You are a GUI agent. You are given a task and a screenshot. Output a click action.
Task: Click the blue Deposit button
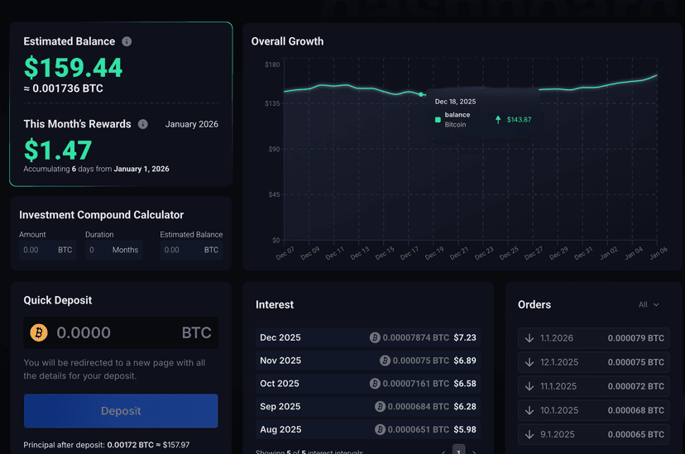point(121,411)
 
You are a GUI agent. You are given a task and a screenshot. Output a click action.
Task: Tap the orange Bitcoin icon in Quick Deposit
point(39,332)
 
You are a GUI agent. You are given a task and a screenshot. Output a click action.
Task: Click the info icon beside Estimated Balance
point(127,41)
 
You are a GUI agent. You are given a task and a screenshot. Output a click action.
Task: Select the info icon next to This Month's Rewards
point(143,124)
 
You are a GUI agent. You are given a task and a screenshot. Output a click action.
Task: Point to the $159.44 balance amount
point(73,67)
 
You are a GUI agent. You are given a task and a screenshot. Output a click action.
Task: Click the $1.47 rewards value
point(57,150)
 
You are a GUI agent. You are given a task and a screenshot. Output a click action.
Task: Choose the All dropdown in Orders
point(649,305)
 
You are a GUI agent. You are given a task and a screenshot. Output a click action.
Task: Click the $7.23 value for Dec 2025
point(464,337)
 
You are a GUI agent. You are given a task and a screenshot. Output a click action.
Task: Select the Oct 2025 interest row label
point(280,384)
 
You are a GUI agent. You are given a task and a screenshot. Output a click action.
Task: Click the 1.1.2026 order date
point(556,338)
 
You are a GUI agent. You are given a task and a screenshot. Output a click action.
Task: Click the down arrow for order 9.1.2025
point(529,434)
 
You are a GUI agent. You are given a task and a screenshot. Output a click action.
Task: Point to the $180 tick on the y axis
point(272,65)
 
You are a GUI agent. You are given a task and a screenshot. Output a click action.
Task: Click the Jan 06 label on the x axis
point(658,253)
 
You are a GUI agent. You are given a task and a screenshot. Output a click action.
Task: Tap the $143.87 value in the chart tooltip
point(519,120)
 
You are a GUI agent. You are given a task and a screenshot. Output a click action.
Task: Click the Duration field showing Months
point(113,250)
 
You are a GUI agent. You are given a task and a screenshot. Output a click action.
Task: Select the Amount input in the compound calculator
point(47,250)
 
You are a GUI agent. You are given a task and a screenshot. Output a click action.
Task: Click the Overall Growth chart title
point(287,41)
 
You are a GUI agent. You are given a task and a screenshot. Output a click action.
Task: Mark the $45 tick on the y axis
point(274,195)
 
